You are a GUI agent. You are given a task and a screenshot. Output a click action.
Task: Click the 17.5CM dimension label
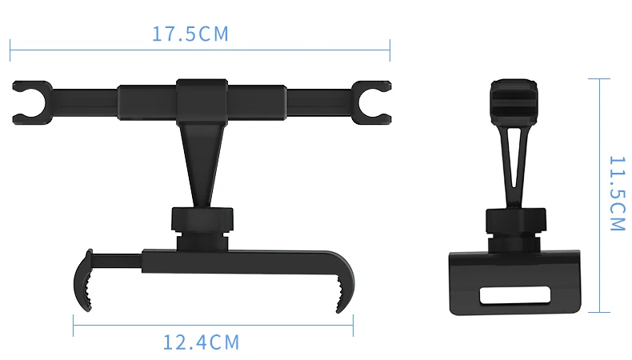point(190,34)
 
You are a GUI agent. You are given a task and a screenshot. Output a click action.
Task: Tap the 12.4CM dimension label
point(201,342)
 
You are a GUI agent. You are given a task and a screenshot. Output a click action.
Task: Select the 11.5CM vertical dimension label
point(617,194)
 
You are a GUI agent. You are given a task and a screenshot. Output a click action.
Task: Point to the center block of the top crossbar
point(202,102)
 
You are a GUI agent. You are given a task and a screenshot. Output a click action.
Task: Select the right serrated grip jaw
point(346,284)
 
